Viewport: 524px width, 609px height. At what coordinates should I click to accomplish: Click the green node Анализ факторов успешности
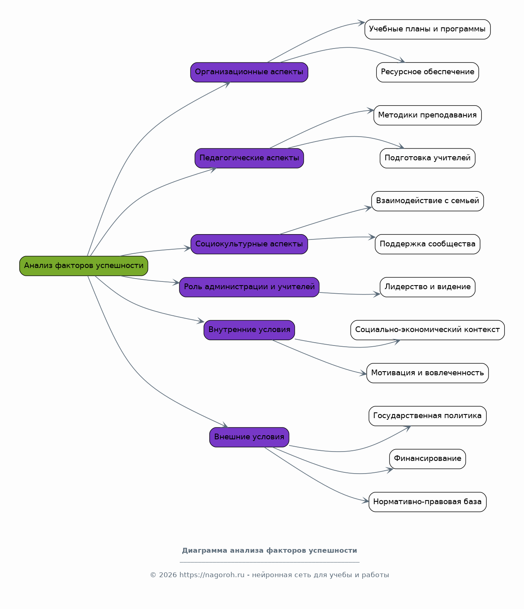[84, 266]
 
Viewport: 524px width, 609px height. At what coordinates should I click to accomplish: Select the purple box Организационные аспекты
[249, 72]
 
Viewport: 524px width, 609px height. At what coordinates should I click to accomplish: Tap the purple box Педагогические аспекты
[249, 158]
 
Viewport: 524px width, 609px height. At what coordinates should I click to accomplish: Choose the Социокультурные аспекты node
[249, 244]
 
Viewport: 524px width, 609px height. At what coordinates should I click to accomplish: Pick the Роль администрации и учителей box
[249, 287]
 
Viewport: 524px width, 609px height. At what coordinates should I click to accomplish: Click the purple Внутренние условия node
[249, 330]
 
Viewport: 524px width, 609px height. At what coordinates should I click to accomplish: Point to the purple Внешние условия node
[249, 437]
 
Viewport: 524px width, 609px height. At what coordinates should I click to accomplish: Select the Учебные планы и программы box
[427, 29]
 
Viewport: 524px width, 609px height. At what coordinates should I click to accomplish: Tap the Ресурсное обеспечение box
[427, 72]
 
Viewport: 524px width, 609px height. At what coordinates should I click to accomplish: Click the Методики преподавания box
[427, 115]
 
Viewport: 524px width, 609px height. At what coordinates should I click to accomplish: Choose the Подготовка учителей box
[427, 158]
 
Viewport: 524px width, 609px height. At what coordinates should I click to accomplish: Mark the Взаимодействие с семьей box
[427, 201]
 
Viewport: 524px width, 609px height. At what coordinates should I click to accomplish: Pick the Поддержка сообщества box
[427, 244]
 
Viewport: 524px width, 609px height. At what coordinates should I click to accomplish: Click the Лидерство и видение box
[427, 287]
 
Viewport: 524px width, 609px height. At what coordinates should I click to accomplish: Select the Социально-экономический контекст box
[427, 330]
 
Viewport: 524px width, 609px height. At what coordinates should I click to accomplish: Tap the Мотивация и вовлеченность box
[427, 373]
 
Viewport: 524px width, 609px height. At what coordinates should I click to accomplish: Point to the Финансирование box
[427, 459]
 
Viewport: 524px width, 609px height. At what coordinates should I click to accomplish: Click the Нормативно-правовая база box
[427, 502]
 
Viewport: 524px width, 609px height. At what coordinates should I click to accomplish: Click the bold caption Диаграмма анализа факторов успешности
[270, 551]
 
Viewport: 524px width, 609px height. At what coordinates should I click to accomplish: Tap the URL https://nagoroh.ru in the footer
[212, 575]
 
